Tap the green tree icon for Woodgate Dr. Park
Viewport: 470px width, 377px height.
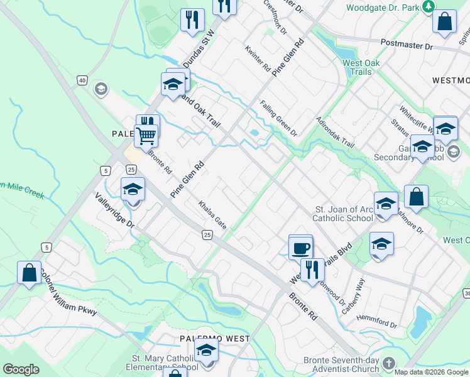(428, 7)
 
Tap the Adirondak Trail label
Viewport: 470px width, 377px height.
(336, 133)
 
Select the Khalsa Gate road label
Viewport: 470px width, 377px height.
(212, 214)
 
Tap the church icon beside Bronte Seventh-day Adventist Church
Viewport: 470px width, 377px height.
(388, 364)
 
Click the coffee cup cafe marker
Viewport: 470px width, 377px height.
(301, 248)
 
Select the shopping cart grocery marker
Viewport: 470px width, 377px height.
(146, 134)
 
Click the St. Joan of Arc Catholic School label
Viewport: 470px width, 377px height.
(343, 214)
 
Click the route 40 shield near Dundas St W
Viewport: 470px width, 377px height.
(82, 80)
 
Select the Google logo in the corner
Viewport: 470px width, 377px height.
(21, 369)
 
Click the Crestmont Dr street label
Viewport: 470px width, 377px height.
(275, 17)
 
